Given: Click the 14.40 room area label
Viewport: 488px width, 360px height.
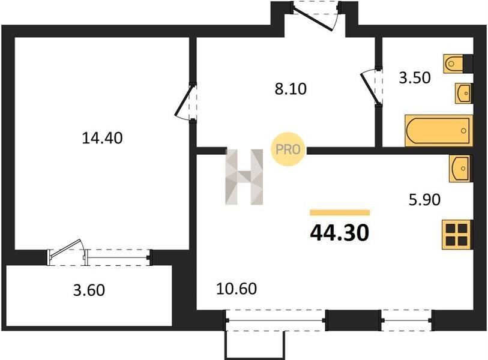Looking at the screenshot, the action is [102, 138].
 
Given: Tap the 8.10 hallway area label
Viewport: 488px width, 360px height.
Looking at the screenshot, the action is [291, 89].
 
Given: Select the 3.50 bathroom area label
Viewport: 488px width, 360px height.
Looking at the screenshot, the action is [415, 78].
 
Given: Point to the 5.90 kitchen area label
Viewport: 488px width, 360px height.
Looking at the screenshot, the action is [424, 200].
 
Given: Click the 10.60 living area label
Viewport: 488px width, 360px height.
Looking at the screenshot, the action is [236, 289].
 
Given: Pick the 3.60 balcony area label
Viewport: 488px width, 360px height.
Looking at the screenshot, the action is [89, 290].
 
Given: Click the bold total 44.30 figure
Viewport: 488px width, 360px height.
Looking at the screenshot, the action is [340, 233].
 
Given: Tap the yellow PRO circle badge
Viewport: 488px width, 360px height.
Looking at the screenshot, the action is [288, 149].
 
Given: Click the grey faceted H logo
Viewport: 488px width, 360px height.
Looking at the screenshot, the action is [244, 177].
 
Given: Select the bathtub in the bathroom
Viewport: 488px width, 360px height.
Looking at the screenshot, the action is [439, 131].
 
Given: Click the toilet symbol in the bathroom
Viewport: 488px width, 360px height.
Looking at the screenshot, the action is [453, 64].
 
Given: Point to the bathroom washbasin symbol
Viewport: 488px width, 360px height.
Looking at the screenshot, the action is [463, 93].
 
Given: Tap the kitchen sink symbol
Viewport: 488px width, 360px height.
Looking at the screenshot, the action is [459, 169].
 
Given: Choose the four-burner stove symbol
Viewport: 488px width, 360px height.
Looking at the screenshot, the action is [456, 234].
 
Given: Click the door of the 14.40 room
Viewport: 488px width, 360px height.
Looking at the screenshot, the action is [184, 102].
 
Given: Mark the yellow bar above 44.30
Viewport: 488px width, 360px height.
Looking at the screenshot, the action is [340, 213].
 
